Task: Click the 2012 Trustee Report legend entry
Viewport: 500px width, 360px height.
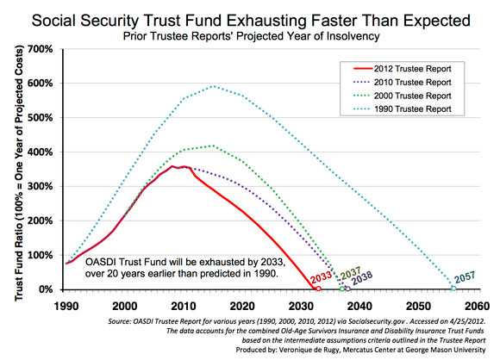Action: (x=403, y=69)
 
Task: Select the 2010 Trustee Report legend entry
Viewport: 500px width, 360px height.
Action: (x=403, y=82)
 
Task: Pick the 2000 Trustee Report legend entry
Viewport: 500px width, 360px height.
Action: (x=403, y=96)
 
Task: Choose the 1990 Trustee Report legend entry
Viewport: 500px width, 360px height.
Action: (x=403, y=109)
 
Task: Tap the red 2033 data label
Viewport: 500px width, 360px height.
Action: (x=321, y=276)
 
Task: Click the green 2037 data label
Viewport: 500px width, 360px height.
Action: (x=351, y=272)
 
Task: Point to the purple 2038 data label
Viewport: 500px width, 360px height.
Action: (x=362, y=278)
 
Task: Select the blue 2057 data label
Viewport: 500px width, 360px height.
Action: (x=465, y=276)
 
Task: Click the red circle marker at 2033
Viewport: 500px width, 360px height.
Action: (x=318, y=289)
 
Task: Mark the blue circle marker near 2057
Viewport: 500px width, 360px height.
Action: (x=453, y=289)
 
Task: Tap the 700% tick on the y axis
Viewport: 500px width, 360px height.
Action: (x=41, y=49)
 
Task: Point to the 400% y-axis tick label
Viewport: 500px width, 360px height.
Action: (x=41, y=152)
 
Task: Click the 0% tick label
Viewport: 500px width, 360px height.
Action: (x=46, y=289)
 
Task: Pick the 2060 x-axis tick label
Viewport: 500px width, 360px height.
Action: (x=477, y=306)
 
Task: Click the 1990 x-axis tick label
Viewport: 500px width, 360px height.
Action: (x=66, y=306)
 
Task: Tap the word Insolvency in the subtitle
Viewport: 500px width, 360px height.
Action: (x=353, y=36)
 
